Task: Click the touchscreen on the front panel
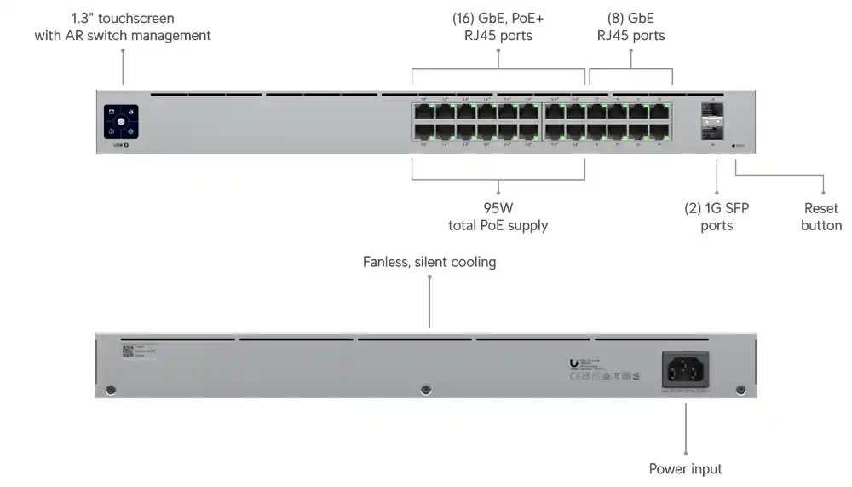pyautogui.click(x=121, y=122)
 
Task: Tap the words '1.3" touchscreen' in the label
pyautogui.click(x=123, y=18)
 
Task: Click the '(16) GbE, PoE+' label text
pyautogui.click(x=498, y=18)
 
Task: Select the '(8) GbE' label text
pyautogui.click(x=630, y=18)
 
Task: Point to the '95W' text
pyautogui.click(x=498, y=208)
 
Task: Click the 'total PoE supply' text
pyautogui.click(x=498, y=226)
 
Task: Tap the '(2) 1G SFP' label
pyautogui.click(x=717, y=208)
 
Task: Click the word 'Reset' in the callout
pyautogui.click(x=820, y=208)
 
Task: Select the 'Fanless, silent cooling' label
pyautogui.click(x=429, y=262)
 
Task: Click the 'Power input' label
pyautogui.click(x=685, y=469)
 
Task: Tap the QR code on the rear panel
pyautogui.click(x=128, y=351)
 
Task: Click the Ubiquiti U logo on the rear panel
pyautogui.click(x=573, y=364)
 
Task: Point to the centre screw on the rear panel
pyautogui.click(x=426, y=390)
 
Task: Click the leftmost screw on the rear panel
pyautogui.click(x=111, y=390)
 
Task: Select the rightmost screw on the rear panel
pyautogui.click(x=740, y=390)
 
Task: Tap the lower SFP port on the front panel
pyautogui.click(x=712, y=131)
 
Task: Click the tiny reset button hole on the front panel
pyautogui.click(x=734, y=146)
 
